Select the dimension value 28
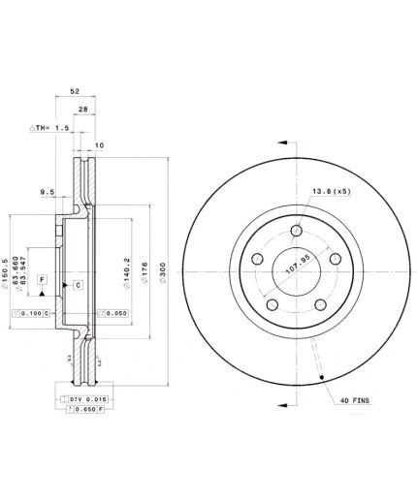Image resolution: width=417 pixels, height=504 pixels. tap(84, 110)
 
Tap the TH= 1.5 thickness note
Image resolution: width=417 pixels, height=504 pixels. tap(49, 128)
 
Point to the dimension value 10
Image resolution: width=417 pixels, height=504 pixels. tap(98, 145)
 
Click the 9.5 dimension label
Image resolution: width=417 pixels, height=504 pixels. tap(45, 193)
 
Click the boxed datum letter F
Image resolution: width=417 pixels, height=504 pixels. tap(43, 280)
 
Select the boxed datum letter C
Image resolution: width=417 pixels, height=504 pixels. tap(77, 284)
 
